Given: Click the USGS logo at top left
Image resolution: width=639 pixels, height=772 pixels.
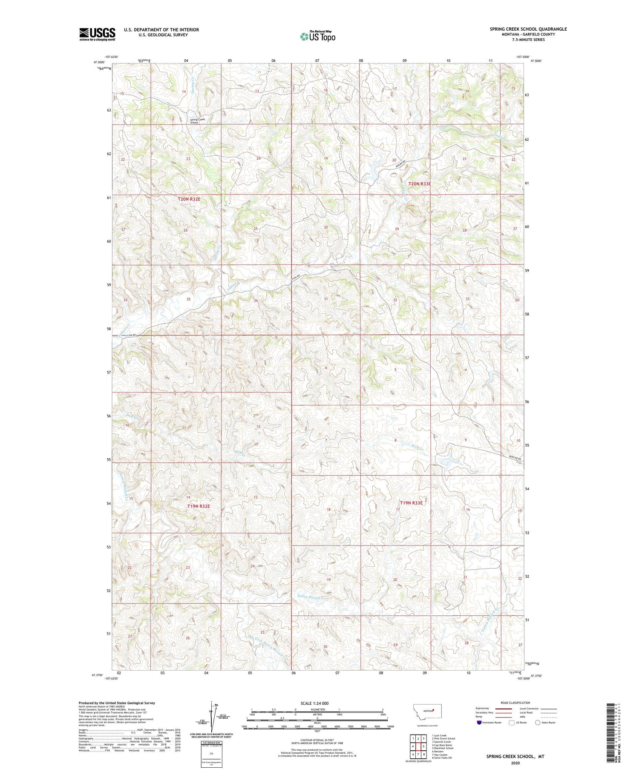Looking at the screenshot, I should click(97, 34).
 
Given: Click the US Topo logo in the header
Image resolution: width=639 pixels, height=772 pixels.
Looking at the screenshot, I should click(317, 37).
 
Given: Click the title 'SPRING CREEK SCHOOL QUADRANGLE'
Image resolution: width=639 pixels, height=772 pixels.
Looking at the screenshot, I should click(528, 29).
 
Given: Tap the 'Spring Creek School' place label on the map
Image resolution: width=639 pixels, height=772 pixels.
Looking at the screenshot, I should click(198, 121).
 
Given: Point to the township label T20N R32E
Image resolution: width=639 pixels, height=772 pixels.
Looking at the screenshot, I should click(189, 199).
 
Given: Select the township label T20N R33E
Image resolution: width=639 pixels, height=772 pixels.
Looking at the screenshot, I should click(420, 184).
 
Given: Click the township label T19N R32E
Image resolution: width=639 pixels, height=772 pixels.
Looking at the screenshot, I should click(199, 506).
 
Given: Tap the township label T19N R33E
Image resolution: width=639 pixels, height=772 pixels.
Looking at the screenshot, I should click(411, 503).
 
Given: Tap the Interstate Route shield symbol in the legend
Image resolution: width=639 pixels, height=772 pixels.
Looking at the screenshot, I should click(479, 723).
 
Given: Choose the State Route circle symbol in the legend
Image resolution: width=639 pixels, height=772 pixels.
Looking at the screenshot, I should click(538, 722).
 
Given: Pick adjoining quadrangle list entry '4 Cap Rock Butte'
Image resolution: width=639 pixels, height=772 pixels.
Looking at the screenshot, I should click(441, 745).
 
